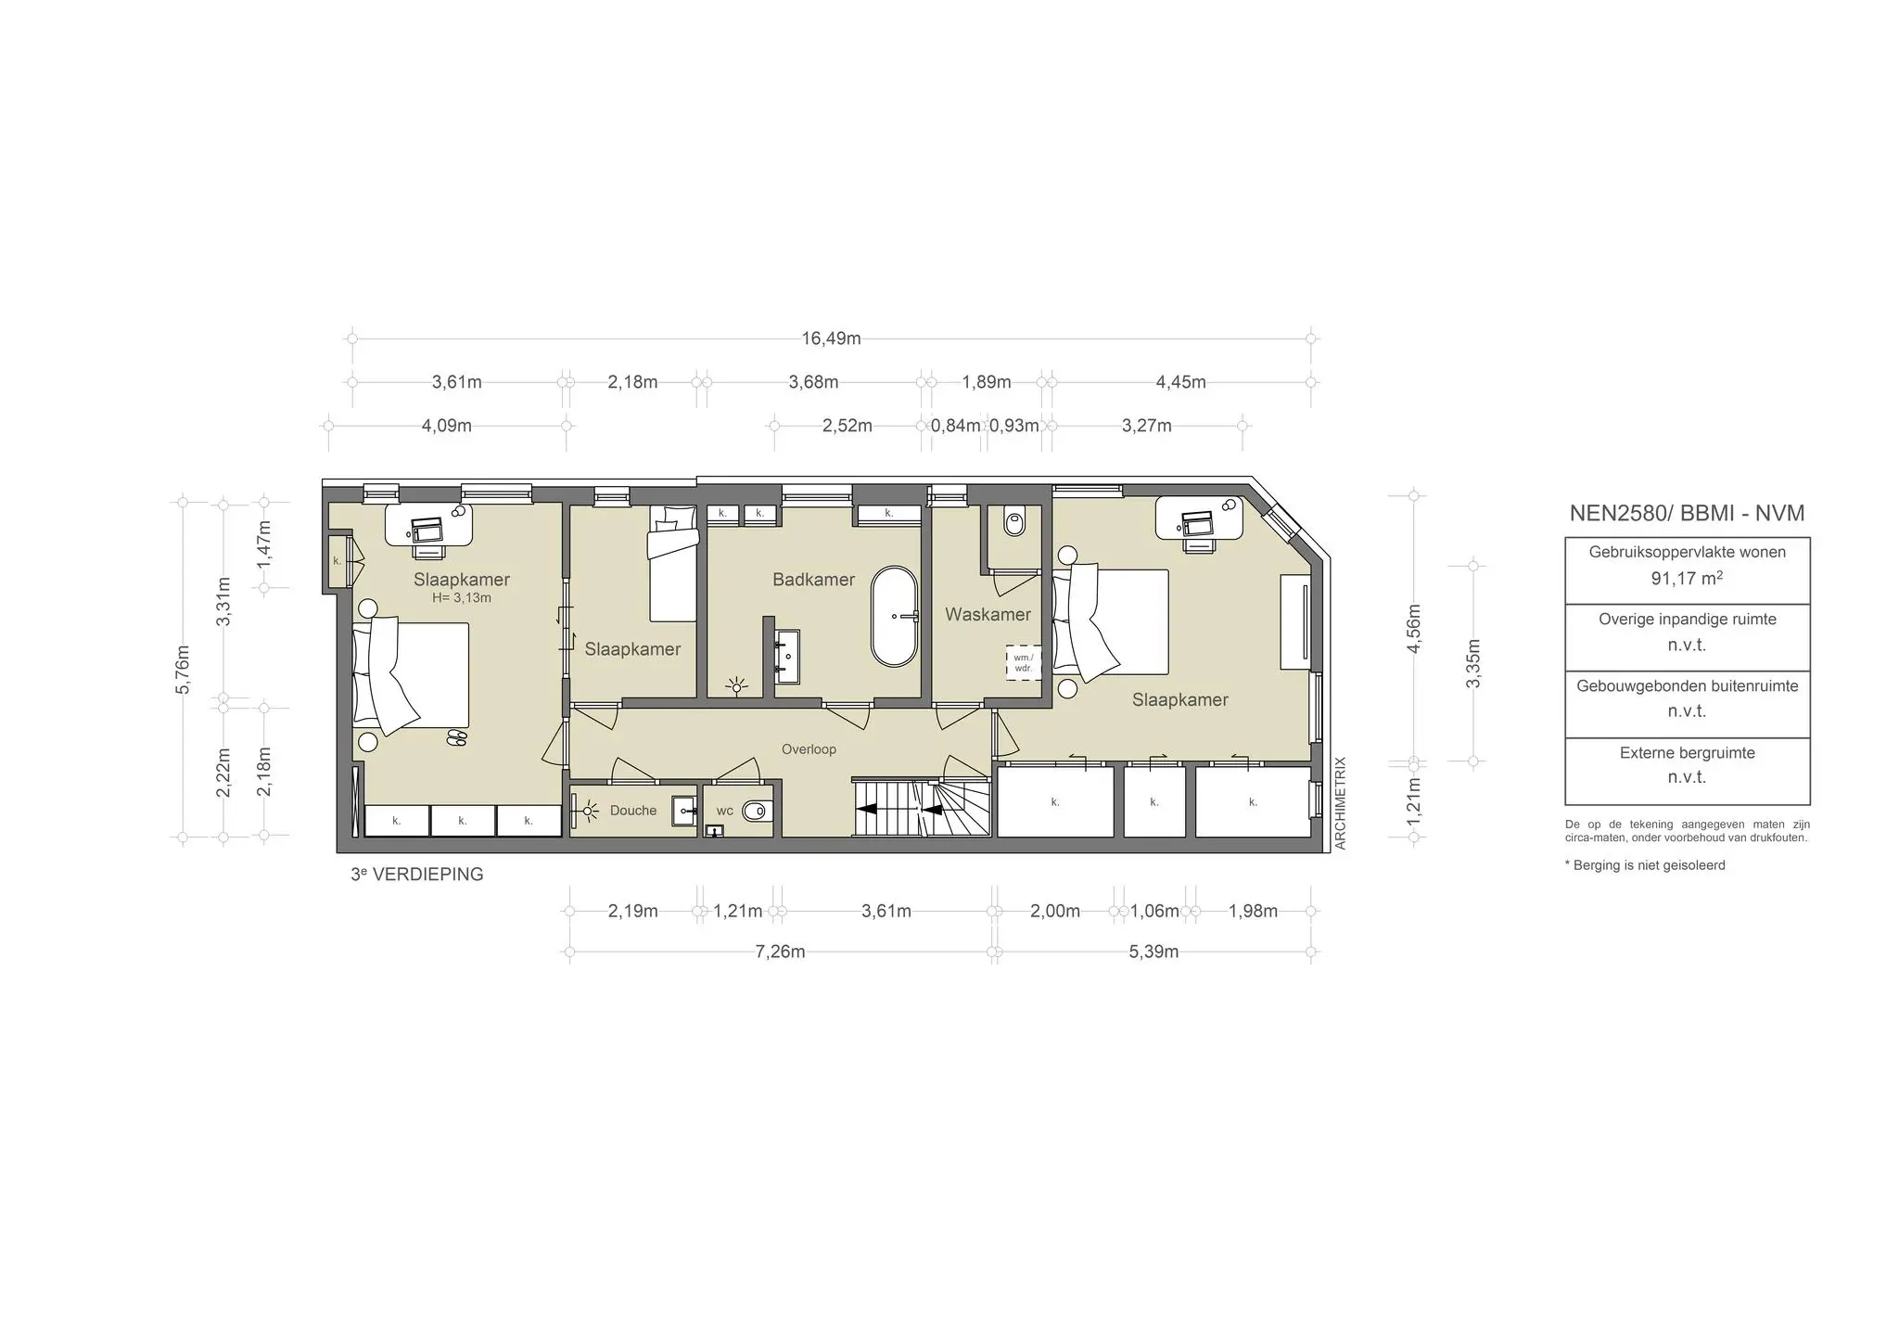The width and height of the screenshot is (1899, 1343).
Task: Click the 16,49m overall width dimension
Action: [831, 339]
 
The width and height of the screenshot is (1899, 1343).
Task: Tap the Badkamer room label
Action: [813, 580]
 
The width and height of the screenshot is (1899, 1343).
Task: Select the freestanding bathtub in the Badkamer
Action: [894, 616]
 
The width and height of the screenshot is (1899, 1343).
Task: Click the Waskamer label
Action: [988, 614]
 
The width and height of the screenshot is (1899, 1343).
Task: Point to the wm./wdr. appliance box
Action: [1023, 662]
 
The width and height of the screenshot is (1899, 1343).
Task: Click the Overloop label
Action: [809, 749]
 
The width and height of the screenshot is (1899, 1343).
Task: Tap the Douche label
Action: [633, 811]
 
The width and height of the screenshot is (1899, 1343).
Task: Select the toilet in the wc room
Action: [756, 812]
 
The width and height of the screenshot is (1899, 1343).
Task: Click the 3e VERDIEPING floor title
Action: [417, 875]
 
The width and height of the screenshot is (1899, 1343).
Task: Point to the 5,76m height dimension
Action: [183, 669]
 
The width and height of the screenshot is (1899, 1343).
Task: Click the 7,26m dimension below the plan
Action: [780, 952]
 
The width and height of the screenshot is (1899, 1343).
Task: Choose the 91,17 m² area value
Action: [1687, 579]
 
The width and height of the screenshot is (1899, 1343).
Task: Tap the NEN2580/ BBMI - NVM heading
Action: [1687, 513]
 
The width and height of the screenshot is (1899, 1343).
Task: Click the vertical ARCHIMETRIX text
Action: [1340, 803]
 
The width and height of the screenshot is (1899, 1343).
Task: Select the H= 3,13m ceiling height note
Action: [461, 598]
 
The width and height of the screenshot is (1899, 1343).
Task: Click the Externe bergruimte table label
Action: [1687, 753]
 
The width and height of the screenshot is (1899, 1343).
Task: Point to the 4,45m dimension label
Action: [1180, 382]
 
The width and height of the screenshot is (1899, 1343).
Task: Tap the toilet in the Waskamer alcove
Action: [1014, 524]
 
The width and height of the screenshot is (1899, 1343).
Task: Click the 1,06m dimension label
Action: [1154, 911]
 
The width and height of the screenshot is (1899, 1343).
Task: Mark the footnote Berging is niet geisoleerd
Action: [1645, 865]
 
